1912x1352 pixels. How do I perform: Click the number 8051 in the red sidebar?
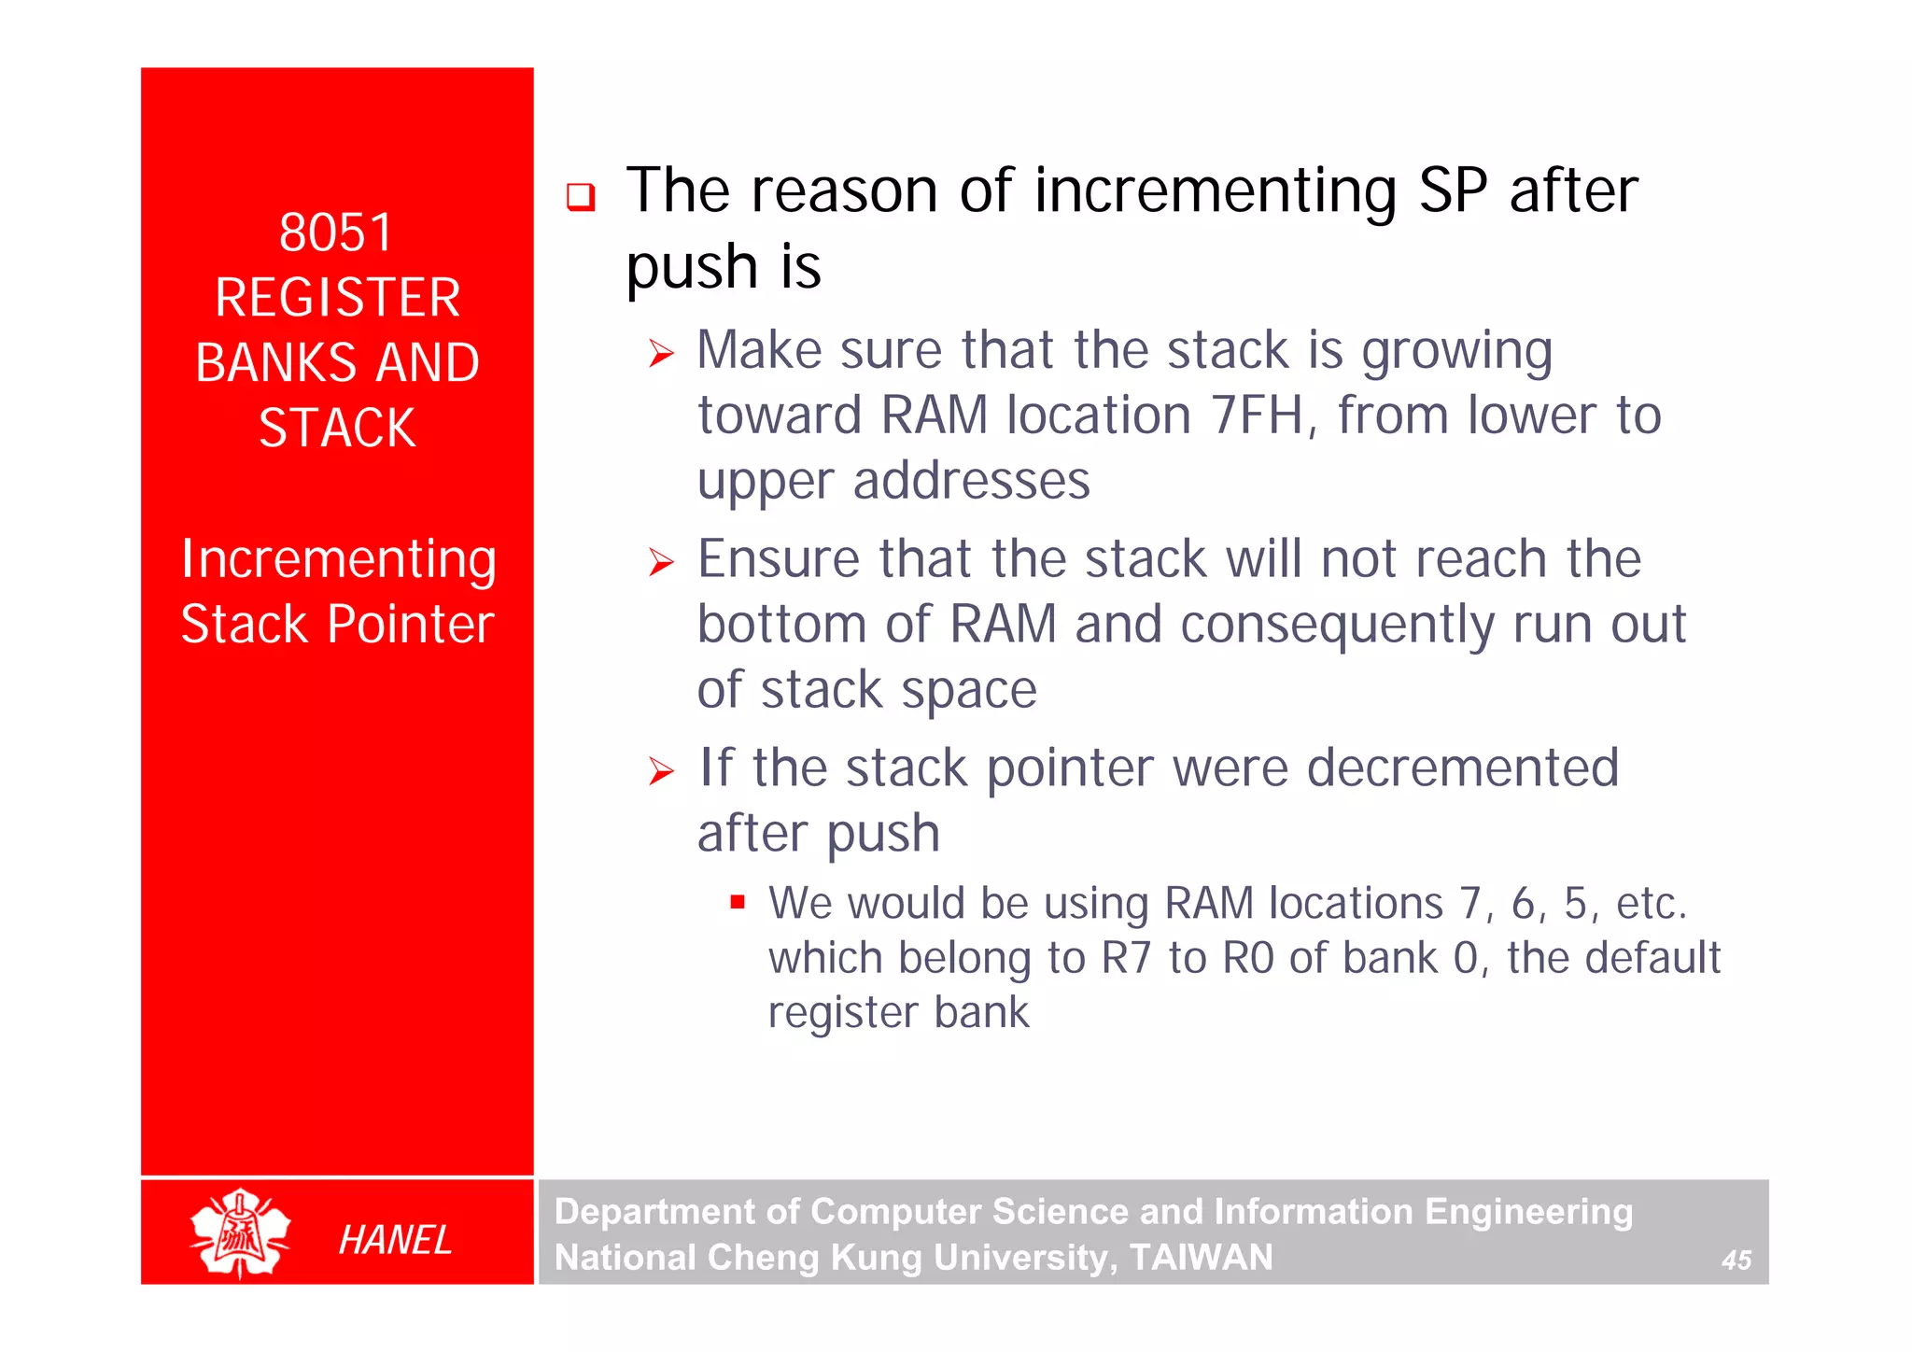pyautogui.click(x=336, y=232)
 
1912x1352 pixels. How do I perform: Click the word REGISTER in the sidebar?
pyautogui.click(x=337, y=298)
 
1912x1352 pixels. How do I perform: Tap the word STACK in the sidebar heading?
pyautogui.click(x=337, y=429)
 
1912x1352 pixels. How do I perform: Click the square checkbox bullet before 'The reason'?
pyautogui.click(x=581, y=197)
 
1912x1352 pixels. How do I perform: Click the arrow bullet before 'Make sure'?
pyautogui.click(x=661, y=354)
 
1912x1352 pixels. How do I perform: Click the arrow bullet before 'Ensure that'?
pyautogui.click(x=661, y=562)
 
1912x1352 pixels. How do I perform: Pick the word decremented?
pyautogui.click(x=1462, y=768)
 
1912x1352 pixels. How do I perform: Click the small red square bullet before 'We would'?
pyautogui.click(x=738, y=902)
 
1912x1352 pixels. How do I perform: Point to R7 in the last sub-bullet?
pyautogui.click(x=1126, y=958)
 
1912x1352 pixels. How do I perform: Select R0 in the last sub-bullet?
pyautogui.click(x=1248, y=958)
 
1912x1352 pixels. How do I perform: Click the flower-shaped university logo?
pyautogui.click(x=241, y=1232)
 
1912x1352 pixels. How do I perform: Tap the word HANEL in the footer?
pyautogui.click(x=395, y=1240)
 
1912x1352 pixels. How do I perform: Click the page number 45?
pyautogui.click(x=1736, y=1260)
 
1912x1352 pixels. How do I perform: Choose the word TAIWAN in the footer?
pyautogui.click(x=1201, y=1258)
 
